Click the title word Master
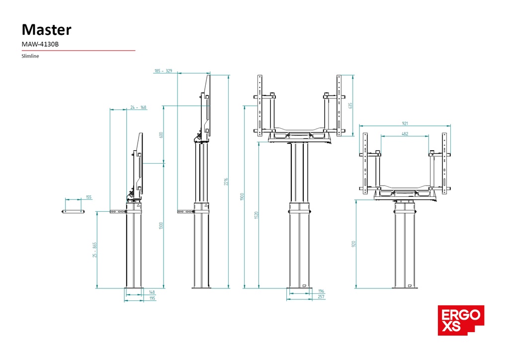tap(47, 29)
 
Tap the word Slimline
tap(30, 56)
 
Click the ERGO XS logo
tap(461, 320)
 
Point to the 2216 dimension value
tap(225, 181)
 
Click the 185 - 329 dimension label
tap(163, 71)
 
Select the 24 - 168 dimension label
tap(138, 107)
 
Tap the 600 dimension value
tap(161, 135)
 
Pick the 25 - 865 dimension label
tap(94, 249)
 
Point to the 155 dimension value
tap(88, 197)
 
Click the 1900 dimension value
tap(242, 196)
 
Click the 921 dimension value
tap(405, 123)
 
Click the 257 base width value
tap(321, 297)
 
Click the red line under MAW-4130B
tap(79, 50)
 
